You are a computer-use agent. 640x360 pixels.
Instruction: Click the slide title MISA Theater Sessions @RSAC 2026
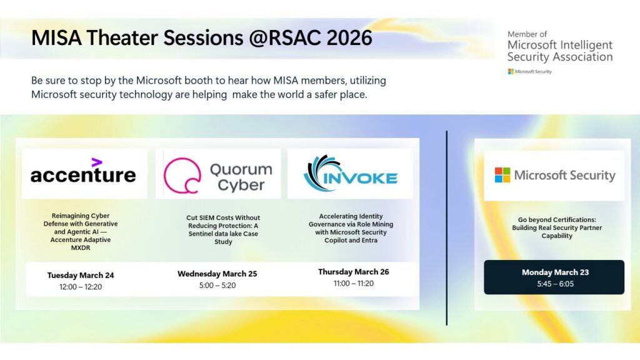tap(201, 38)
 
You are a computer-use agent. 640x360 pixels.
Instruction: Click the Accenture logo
tap(83, 173)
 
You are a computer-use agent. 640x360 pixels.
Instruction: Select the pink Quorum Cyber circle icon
tap(182, 176)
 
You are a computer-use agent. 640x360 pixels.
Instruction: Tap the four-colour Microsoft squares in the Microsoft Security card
tap(502, 175)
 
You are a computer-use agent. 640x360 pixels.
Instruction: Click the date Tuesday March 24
tap(81, 275)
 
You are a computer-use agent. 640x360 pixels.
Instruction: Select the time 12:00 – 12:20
tap(81, 287)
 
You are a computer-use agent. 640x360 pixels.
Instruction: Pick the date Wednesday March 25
tap(217, 274)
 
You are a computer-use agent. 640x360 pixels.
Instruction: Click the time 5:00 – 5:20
tap(217, 286)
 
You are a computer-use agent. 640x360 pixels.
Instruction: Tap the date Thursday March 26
tap(353, 272)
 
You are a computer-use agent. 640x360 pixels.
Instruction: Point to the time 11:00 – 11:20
tap(353, 283)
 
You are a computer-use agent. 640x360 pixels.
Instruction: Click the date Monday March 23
tap(555, 272)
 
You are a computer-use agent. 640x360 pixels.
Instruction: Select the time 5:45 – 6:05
tap(555, 284)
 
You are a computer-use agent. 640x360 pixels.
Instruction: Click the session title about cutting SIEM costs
tap(223, 229)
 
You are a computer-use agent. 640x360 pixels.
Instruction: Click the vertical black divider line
tap(447, 228)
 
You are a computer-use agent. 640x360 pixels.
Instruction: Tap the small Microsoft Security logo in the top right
tap(529, 72)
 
